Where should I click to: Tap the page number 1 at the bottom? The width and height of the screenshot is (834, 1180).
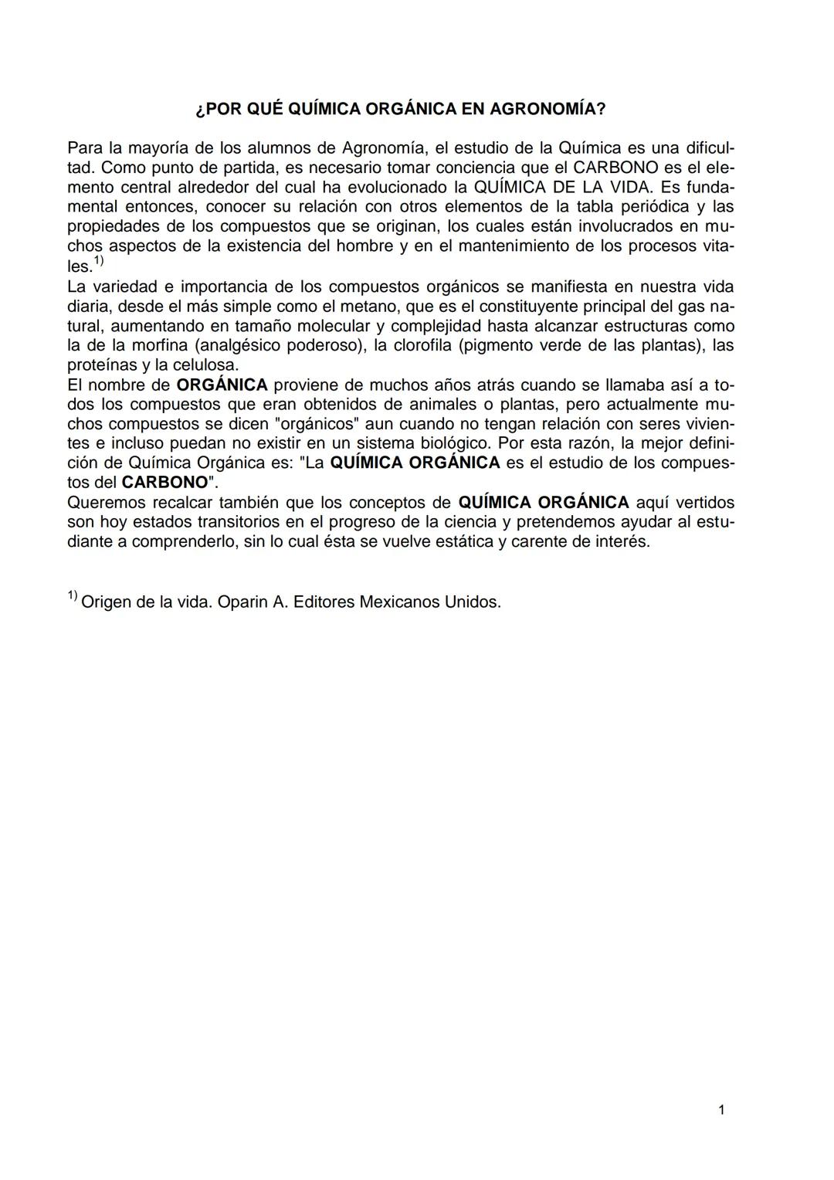(x=721, y=1110)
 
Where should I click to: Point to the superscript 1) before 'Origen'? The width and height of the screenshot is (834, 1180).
(x=72, y=596)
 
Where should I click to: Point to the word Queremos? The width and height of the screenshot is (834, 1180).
(x=104, y=503)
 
